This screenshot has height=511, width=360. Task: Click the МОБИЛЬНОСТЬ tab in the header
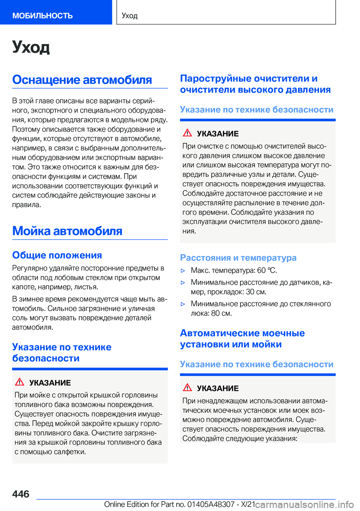42,15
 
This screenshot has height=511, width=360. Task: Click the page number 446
21,494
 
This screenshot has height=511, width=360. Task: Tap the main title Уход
31,47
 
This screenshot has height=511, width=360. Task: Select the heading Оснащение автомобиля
82,80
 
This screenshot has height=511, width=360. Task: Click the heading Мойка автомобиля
67,231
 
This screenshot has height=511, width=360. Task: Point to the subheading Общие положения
57,255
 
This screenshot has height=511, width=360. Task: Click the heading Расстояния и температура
238,258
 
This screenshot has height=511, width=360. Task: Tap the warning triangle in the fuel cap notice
19,382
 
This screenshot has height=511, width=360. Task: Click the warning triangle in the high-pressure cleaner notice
187,133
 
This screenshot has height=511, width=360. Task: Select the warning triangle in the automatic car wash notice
187,388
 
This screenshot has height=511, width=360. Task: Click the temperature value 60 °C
267,271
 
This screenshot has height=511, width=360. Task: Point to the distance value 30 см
256,292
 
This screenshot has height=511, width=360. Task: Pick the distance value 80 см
221,313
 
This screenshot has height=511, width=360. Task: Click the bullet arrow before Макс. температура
183,271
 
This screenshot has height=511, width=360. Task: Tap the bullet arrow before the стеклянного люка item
183,304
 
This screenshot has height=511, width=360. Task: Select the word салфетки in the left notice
69,452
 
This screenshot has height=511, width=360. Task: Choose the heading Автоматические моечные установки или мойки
242,338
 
